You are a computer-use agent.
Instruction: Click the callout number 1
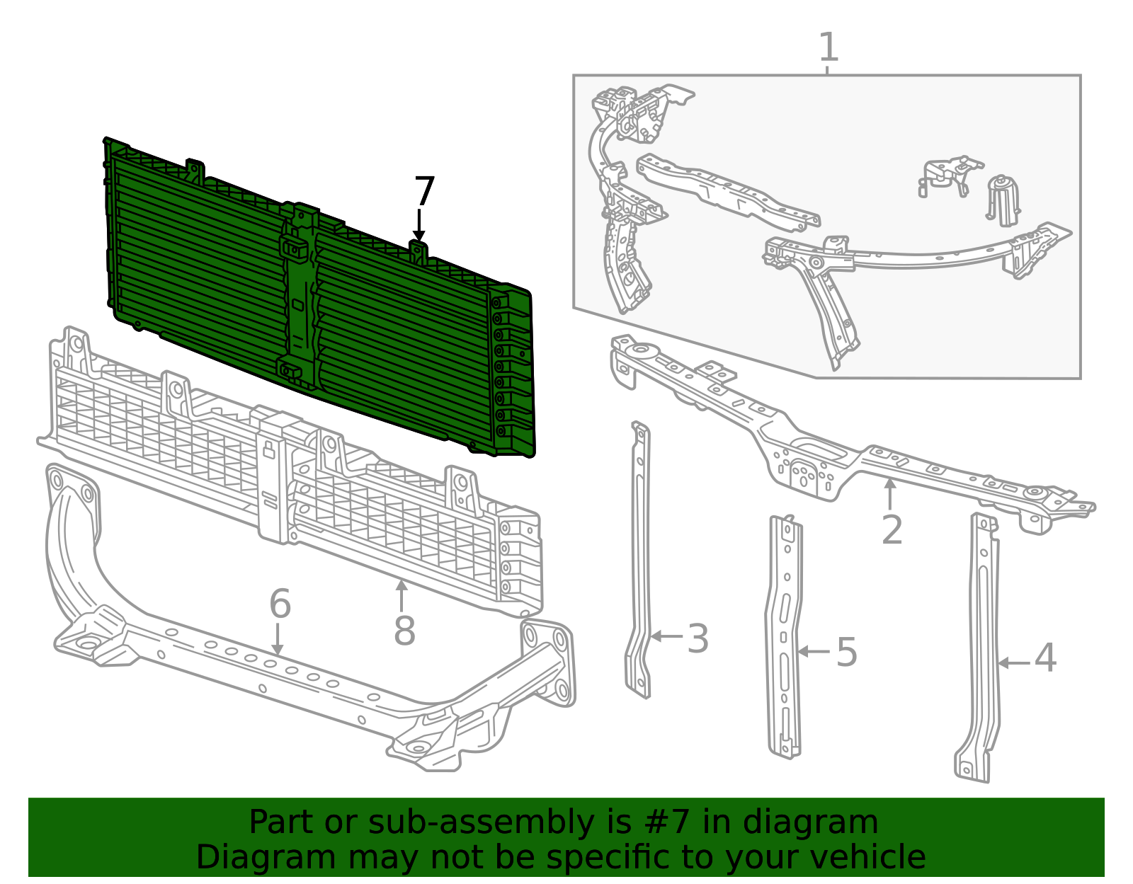pos(829,47)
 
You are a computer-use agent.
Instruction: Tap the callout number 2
pos(892,530)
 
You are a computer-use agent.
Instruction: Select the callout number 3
pos(698,638)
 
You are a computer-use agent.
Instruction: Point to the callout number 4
pos(1045,658)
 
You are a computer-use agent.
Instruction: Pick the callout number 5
pos(847,652)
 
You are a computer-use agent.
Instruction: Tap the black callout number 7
pos(424,191)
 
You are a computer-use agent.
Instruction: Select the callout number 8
pos(404,631)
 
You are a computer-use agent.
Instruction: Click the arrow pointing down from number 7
pos(419,226)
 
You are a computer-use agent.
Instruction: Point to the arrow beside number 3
pos(667,636)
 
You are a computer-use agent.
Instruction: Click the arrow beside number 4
pos(1014,663)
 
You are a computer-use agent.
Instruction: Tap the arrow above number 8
pos(401,595)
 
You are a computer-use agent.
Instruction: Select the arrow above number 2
pos(890,494)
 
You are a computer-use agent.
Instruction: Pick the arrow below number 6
pos(278,640)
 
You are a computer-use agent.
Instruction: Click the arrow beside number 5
pos(814,651)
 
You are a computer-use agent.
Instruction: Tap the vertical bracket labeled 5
pos(784,636)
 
